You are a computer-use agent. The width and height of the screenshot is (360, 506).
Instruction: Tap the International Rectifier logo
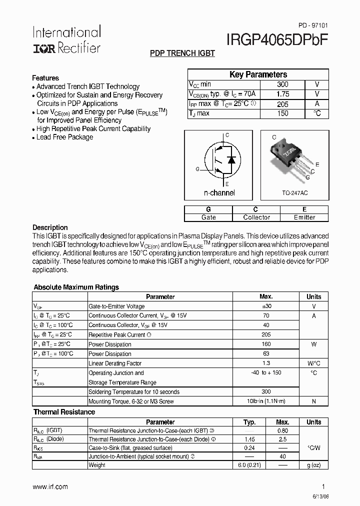click(66, 39)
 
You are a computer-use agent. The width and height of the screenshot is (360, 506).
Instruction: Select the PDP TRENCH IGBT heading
click(182, 53)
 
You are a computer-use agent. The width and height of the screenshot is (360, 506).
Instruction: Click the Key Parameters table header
click(258, 74)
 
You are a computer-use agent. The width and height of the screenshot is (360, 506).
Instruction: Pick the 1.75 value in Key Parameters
click(282, 94)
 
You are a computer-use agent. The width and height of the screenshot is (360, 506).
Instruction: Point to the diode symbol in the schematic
click(231, 160)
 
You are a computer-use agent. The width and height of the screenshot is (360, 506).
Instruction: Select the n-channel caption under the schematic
click(219, 192)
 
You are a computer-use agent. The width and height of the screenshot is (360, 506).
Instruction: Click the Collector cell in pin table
click(256, 217)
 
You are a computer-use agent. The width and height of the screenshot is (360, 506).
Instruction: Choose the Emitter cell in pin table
click(304, 217)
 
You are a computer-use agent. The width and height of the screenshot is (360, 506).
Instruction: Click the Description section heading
click(50, 227)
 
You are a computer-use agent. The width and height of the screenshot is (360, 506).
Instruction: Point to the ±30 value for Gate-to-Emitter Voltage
click(265, 306)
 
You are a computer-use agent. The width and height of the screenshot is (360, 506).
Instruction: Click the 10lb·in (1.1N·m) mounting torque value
click(265, 401)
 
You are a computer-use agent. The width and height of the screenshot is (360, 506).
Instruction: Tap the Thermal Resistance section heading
click(64, 412)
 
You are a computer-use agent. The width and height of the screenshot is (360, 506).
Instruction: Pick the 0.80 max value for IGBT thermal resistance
click(282, 430)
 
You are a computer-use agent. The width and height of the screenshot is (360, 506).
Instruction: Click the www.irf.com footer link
click(50, 486)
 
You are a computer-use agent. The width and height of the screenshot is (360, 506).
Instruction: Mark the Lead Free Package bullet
click(64, 137)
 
